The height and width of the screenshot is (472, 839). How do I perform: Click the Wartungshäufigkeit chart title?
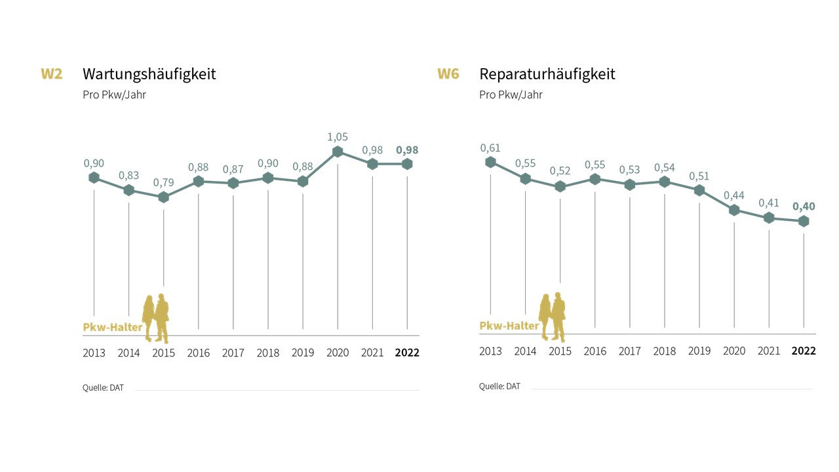pos(149,73)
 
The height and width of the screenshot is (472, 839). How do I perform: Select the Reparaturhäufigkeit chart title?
pos(547,73)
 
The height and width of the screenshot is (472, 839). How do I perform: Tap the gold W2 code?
pos(52,73)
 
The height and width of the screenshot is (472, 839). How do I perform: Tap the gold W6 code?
pos(448,73)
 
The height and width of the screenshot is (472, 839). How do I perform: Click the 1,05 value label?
pos(338,137)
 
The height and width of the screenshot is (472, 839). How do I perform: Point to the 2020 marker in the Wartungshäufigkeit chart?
pos(338,152)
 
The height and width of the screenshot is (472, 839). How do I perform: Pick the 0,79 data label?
pos(164,182)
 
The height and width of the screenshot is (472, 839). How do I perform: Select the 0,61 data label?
pos(490,147)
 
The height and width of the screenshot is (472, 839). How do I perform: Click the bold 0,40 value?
pos(804,206)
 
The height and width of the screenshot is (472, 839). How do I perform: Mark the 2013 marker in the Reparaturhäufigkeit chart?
pos(490,162)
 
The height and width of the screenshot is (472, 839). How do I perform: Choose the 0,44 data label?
pos(734,195)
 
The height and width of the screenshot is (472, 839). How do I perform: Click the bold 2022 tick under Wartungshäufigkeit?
pos(407,353)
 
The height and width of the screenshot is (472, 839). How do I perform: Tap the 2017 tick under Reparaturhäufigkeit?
pos(630,351)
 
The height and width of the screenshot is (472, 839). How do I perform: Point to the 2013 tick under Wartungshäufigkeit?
pos(94,353)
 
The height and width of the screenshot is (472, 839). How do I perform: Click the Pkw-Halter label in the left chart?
pos(113,327)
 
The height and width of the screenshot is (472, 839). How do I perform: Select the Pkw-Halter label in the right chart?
pos(509,326)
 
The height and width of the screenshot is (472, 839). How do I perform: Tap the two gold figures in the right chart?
pos(552,317)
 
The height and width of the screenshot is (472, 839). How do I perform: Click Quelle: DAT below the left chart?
pos(103,387)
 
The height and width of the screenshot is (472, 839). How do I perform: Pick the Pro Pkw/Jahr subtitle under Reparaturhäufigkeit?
pos(511,94)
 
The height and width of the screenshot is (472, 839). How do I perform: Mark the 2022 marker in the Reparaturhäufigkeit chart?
pos(804,222)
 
